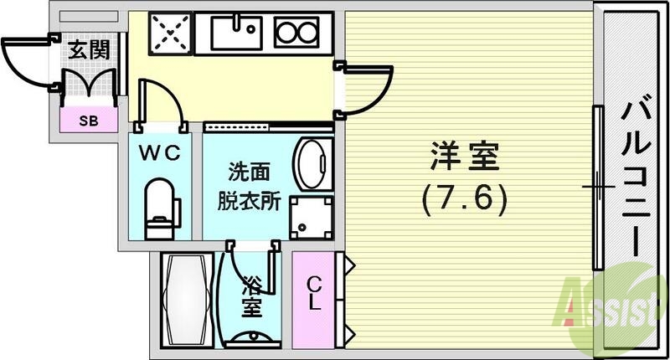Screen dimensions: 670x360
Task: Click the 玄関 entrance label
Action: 89,49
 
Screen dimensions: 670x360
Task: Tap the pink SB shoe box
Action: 87,119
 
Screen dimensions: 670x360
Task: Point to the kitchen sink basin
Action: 235,34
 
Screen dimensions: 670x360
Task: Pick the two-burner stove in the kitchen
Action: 294,34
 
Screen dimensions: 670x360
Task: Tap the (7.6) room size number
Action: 465,198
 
